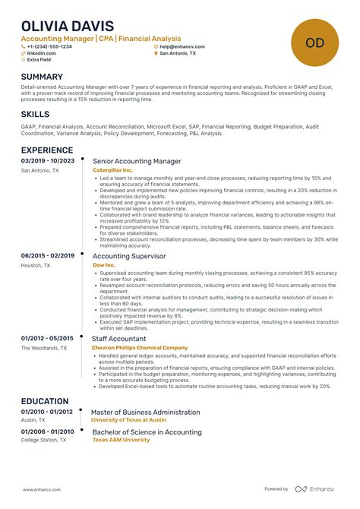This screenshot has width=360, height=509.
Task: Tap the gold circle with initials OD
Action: [314, 42]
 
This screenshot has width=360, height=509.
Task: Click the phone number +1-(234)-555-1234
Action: [49, 46]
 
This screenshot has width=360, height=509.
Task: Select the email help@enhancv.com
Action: [182, 46]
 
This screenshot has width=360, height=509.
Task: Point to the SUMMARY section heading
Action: [42, 77]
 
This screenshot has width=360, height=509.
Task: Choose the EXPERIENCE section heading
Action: [47, 150]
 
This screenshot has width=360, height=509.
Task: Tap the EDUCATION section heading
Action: [46, 400]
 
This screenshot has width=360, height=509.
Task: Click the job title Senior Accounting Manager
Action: [137, 161]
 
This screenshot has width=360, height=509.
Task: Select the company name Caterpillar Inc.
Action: [112, 171]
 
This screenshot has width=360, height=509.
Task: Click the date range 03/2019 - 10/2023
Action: [47, 161]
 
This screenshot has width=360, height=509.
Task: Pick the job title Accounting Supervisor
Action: [129, 256]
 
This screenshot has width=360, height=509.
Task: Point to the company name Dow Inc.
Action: [103, 265]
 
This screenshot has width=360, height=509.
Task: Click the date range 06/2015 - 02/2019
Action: [47, 256]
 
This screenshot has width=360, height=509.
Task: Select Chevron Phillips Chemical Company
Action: [139, 347]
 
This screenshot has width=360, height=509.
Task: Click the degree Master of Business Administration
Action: [146, 412]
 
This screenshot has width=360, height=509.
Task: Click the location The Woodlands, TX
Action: [43, 348]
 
